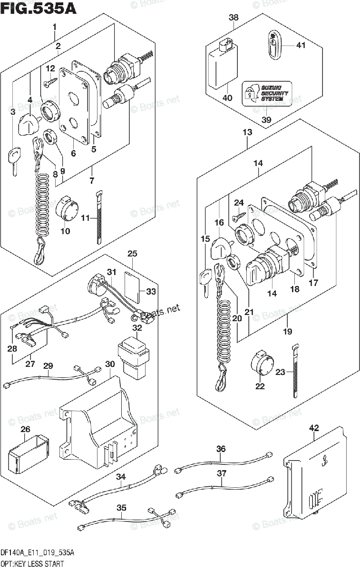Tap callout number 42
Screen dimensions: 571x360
pyautogui.click(x=314, y=428)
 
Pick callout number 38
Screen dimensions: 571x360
pyautogui.click(x=234, y=18)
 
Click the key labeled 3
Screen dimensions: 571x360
pyautogui.click(x=14, y=159)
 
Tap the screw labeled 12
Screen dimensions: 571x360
pyautogui.click(x=49, y=83)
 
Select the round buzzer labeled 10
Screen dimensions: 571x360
pyautogui.click(x=67, y=209)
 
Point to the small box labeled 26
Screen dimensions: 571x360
pyautogui.click(x=29, y=450)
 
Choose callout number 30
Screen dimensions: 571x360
pyautogui.click(x=110, y=364)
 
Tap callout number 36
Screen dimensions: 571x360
pyautogui.click(x=221, y=448)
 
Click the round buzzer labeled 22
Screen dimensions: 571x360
pyautogui.click(x=260, y=366)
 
